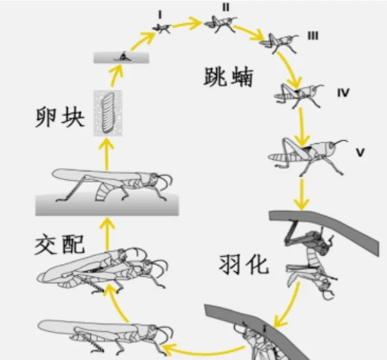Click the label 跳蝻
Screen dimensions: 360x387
point(225,79)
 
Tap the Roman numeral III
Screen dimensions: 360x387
point(313,36)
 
